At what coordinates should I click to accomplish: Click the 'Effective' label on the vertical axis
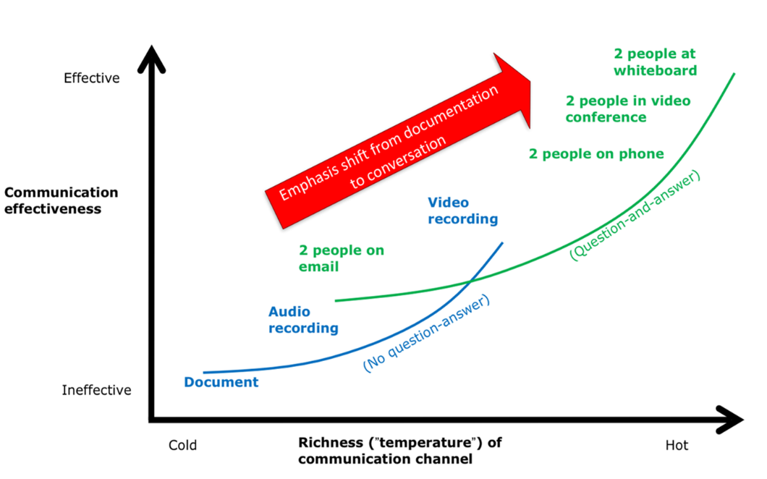point(91,78)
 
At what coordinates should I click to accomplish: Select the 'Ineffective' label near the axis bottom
point(97,391)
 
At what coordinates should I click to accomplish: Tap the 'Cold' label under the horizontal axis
point(182,445)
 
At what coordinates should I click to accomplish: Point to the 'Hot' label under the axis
point(677,445)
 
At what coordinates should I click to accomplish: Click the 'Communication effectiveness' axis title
point(61,200)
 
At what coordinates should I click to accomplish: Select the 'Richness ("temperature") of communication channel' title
point(400,451)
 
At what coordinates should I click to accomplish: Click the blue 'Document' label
point(221,382)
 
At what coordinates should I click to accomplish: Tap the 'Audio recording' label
point(303,320)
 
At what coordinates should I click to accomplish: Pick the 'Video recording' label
point(462,211)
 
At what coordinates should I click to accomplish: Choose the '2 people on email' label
point(342,258)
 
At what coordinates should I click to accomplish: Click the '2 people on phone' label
point(596,154)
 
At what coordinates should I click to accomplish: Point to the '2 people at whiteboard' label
point(655,62)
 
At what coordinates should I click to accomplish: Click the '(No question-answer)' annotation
point(427,334)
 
